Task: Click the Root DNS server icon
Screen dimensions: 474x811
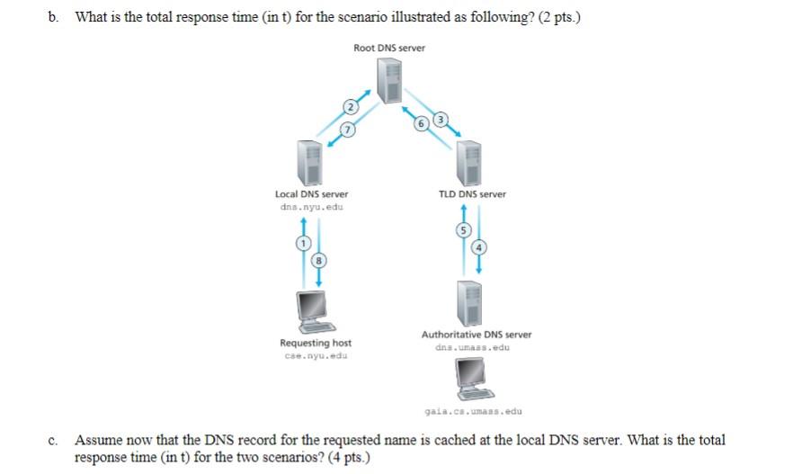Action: tap(389, 80)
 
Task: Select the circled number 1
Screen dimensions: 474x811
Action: tap(303, 244)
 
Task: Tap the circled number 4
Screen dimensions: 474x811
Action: tap(478, 247)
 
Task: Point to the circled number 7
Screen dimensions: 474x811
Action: tap(340, 130)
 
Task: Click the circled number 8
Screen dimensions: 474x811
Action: tap(317, 261)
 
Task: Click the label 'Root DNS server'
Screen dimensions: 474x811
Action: tap(389, 48)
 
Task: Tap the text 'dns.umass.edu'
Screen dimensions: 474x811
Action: tap(472, 347)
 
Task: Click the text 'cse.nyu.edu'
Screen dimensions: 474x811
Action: tap(316, 355)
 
